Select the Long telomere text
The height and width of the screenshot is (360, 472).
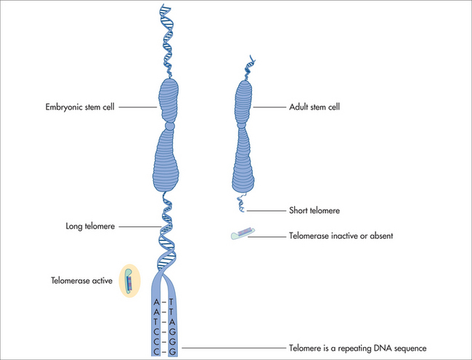[x=89, y=227]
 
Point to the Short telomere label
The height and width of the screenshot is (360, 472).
[x=314, y=210]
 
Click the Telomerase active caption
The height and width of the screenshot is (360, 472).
[x=81, y=279]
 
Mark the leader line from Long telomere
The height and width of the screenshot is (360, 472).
[x=138, y=227]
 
